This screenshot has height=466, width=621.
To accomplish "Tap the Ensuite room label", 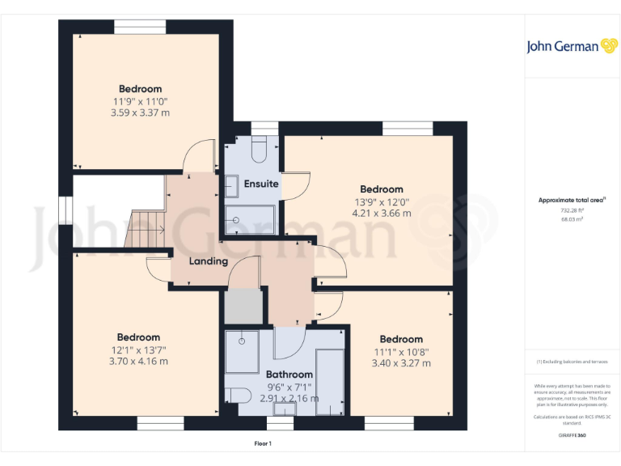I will point(261,184).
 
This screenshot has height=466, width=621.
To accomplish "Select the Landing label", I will point(208,261).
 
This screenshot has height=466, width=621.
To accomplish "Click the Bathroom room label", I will point(289,375).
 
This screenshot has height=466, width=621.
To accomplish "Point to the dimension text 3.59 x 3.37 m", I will point(140,113).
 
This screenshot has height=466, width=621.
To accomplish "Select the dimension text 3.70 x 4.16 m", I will point(138,362).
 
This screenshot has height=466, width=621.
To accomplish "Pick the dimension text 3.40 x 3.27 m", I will point(400,363).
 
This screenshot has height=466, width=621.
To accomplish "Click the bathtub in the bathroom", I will point(329,380).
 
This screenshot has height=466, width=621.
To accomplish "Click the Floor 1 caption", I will point(264,443).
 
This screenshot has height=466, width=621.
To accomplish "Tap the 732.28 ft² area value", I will point(572,210).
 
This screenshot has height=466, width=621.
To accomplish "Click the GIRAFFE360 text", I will point(572,435).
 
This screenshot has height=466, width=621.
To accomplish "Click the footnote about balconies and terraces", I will point(572,362).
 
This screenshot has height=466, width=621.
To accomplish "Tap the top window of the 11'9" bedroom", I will point(140,27).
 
